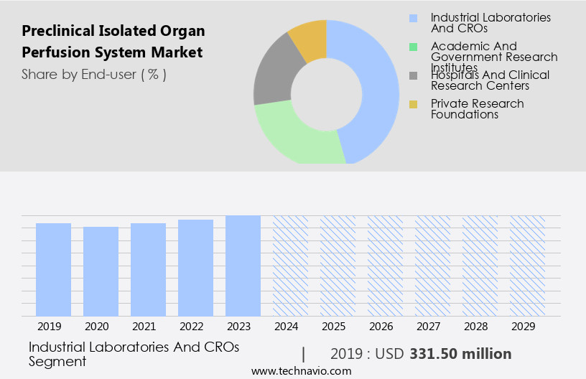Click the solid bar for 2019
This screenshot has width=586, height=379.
(53, 270)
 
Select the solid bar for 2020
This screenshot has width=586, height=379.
(101, 271)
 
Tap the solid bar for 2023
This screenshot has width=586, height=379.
(243, 266)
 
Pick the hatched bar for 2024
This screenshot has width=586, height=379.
(290, 266)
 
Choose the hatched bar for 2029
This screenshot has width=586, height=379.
(527, 266)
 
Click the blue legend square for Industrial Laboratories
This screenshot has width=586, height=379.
(413, 18)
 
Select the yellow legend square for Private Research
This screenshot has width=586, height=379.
(413, 105)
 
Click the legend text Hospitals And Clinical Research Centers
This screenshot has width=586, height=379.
(490, 80)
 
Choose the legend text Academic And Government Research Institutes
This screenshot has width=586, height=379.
(494, 57)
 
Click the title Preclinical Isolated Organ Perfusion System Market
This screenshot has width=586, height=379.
(113, 42)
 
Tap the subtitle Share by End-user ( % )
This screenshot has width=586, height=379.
(94, 74)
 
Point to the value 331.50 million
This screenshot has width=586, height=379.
(460, 354)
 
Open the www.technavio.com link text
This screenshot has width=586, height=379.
(301, 371)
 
